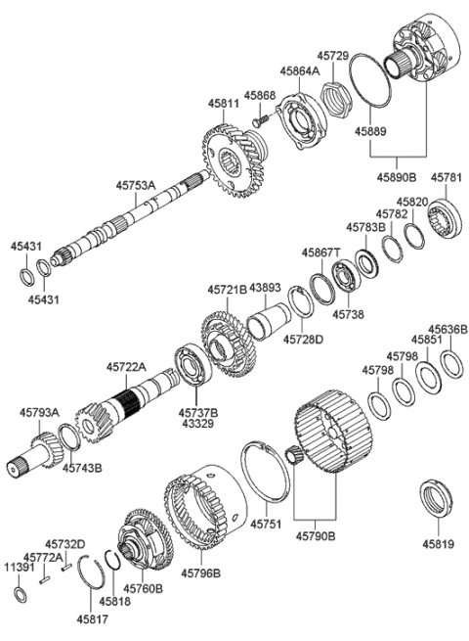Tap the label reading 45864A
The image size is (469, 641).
274,70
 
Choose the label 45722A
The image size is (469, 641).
126,367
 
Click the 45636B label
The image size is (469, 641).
448,330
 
